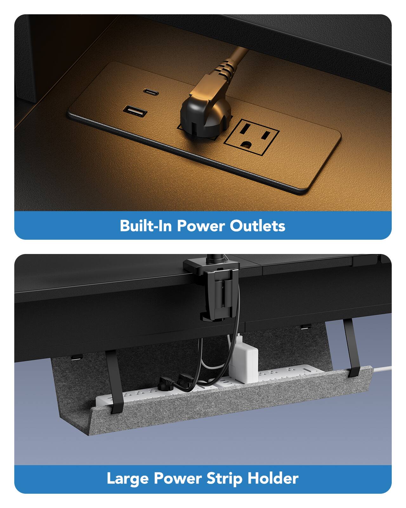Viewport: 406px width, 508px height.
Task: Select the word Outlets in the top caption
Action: [x=257, y=226]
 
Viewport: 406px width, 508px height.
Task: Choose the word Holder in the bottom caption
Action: [x=273, y=478]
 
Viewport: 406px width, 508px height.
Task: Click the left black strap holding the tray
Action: [x=113, y=381]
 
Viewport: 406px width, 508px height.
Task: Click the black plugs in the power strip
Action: [x=173, y=382]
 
